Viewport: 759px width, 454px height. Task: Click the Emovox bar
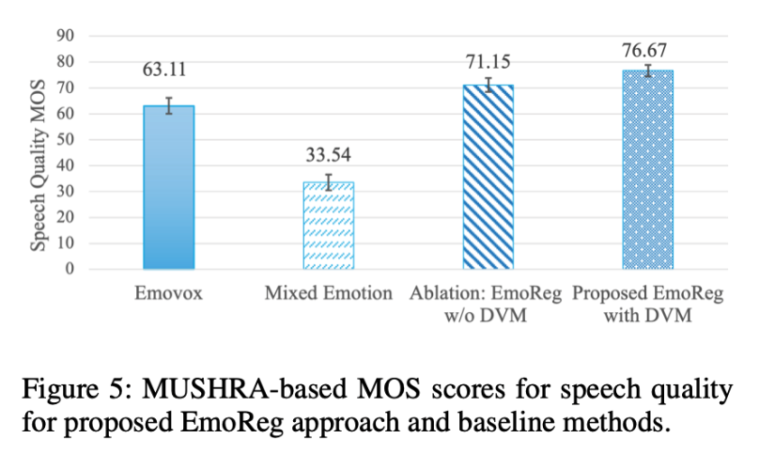168,188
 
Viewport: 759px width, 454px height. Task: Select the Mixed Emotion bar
328,226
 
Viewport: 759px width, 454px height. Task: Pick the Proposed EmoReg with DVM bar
647,169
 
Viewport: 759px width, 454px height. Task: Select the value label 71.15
488,62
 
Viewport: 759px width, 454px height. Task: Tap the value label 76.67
647,48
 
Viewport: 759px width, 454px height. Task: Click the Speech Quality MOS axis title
40,153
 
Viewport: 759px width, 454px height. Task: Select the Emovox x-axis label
168,294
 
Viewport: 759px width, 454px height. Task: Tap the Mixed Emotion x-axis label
328,294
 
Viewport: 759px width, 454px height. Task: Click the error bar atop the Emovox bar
168,105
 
